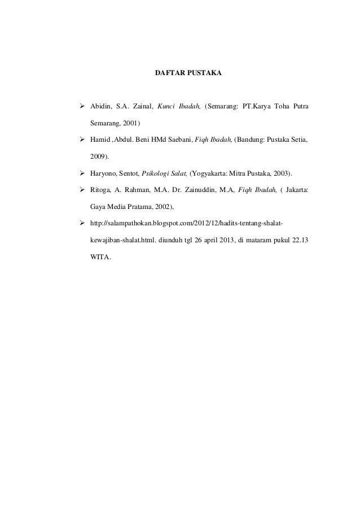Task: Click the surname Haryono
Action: [103, 171]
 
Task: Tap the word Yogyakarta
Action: [211, 171]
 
